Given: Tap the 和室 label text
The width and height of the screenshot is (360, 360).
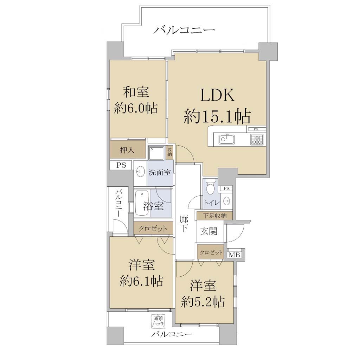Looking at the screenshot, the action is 136,92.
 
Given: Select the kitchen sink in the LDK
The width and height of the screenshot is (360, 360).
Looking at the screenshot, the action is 227,139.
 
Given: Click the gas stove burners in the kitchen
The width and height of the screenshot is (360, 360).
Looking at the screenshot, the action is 257,140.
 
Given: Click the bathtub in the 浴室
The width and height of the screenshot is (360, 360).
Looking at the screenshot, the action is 142,204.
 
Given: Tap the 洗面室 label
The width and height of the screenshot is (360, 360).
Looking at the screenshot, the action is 160,172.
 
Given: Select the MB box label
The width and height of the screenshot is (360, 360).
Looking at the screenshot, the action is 234,255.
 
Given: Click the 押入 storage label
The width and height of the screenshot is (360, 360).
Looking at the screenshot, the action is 127,150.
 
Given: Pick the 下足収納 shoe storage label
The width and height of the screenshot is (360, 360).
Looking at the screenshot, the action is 214,216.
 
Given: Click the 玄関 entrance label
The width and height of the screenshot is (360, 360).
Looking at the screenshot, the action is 209,231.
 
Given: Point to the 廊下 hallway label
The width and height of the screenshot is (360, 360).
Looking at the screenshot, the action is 184,224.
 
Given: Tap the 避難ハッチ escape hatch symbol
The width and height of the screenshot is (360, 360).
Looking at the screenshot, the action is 158,321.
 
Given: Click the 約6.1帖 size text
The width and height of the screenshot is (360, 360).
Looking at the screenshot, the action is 141,281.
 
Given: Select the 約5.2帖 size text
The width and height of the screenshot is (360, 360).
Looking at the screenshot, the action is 203,302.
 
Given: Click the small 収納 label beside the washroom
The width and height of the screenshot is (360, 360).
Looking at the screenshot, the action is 170,152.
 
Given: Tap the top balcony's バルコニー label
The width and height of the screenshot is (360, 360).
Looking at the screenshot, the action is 184,30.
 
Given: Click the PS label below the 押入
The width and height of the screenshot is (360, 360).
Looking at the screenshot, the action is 121,165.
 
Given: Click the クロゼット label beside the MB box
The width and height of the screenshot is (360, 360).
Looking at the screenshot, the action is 211,252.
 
